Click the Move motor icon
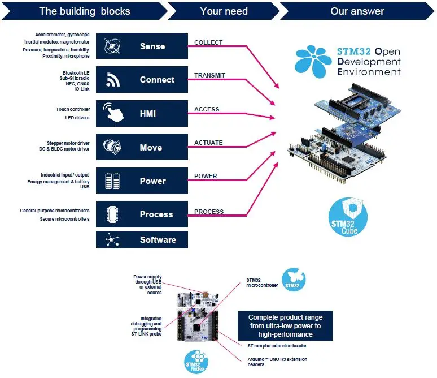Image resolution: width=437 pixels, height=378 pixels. (112, 147)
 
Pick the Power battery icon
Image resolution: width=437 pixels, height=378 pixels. (112, 181)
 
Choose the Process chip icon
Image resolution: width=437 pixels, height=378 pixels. (112, 214)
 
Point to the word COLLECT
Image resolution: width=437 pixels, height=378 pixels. (208, 42)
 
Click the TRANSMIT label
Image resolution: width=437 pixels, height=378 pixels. (209, 75)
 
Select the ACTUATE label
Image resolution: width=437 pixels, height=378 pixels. (208, 143)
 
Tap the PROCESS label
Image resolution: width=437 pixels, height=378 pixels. (209, 212)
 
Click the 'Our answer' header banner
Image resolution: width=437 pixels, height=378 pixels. (357, 11)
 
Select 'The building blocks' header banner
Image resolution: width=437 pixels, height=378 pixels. (85, 11)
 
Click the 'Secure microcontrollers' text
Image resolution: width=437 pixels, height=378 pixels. (64, 219)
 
